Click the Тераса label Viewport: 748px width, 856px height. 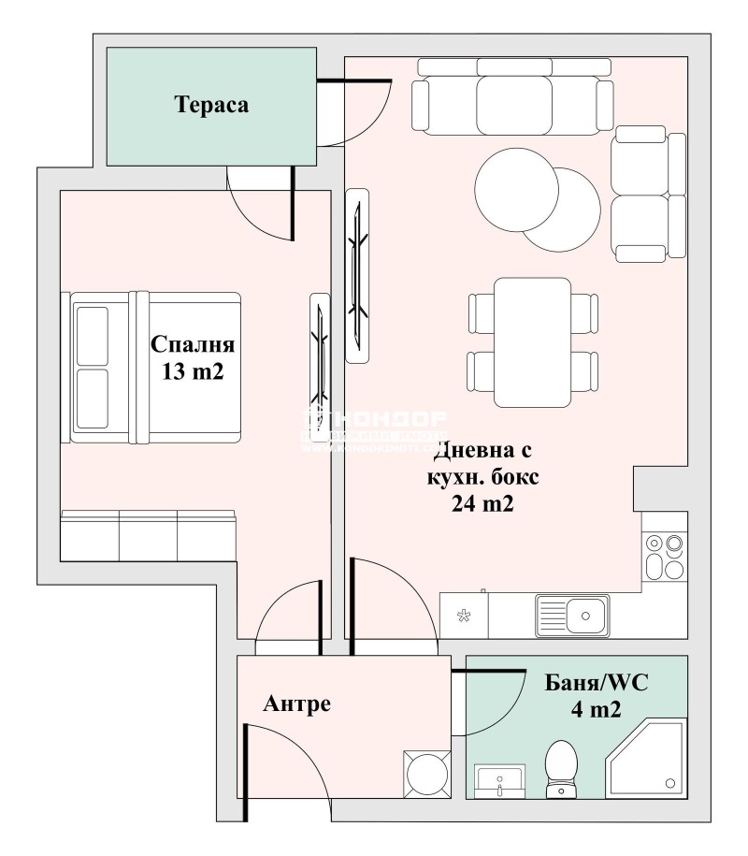tap(211, 105)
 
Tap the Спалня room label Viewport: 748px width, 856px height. tap(193, 344)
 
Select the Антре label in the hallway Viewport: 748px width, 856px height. tap(296, 704)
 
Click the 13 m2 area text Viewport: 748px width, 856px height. tap(193, 371)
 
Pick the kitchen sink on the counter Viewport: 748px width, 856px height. tap(572, 616)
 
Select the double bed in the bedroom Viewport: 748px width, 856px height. tap(154, 366)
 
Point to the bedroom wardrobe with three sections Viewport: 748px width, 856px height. tap(148, 536)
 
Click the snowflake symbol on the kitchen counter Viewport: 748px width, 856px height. tap(463, 616)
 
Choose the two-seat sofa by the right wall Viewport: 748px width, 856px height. tap(649, 195)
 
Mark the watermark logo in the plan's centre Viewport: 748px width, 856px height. tap(374, 430)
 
